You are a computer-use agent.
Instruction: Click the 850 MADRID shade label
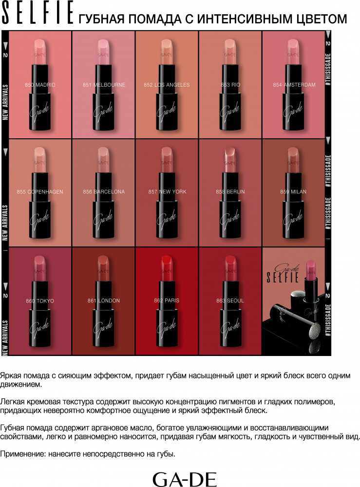[40, 85]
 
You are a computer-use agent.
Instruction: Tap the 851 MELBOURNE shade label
[104, 85]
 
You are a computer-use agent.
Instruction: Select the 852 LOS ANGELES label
[167, 85]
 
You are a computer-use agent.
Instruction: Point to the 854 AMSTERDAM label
[294, 85]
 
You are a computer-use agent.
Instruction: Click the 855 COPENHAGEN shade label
[40, 192]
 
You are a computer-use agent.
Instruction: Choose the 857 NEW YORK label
[167, 192]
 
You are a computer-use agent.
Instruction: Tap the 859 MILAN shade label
[293, 192]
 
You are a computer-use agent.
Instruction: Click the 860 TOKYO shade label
[40, 301]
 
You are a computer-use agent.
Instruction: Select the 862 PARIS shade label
[167, 300]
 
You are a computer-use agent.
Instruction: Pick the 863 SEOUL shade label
[230, 300]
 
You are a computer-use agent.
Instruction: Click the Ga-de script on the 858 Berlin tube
[230, 219]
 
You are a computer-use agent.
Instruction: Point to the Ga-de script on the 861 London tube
[103, 327]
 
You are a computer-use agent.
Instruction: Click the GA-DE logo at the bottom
[185, 479]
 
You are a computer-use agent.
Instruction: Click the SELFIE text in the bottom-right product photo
[283, 277]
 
